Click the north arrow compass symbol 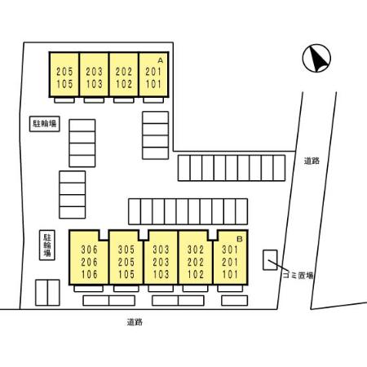coord(316,58)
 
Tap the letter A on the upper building coord(161,60)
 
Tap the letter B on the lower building coord(240,239)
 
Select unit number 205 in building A coord(64,72)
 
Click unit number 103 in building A coord(95,84)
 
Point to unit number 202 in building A coord(124,72)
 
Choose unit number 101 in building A coord(153,84)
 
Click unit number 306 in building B coord(90,250)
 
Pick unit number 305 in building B coord(126,250)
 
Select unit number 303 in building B coord(161,250)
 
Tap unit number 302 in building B coord(196,250)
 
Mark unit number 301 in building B coord(230,250)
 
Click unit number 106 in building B coord(90,274)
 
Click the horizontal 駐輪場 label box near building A coord(45,124)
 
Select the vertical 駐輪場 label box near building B coord(47,245)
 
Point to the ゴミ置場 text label coord(298,276)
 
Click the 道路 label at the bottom coord(135,322)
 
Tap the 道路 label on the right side coord(312,161)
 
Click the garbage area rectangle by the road coord(270,260)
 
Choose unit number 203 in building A coord(95,72)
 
